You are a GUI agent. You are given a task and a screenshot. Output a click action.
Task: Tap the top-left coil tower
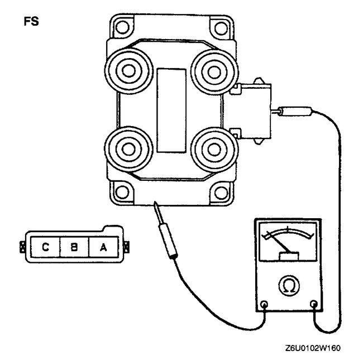[126, 71]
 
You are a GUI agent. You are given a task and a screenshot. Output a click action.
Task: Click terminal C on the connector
[44, 246]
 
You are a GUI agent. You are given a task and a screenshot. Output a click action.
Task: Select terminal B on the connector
[73, 246]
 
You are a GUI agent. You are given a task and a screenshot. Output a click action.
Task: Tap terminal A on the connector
[103, 246]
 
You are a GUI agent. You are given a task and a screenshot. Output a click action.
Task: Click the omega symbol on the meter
[289, 286]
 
